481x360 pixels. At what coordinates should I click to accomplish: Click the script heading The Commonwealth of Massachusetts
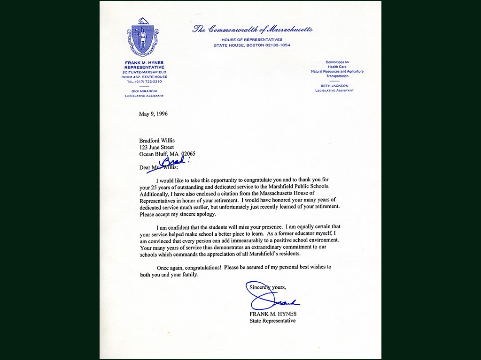tap(252, 30)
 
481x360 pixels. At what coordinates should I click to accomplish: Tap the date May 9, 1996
tap(153, 114)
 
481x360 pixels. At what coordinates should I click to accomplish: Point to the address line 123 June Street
tap(156, 147)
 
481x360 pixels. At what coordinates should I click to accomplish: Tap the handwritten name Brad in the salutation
tap(173, 162)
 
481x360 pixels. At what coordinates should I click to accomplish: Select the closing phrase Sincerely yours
tap(267, 287)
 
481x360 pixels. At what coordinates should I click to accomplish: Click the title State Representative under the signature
tap(272, 321)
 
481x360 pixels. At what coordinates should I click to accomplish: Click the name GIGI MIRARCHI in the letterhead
tap(144, 91)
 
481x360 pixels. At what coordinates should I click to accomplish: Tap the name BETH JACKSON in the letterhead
tap(334, 86)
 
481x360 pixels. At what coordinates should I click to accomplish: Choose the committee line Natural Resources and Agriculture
tap(337, 71)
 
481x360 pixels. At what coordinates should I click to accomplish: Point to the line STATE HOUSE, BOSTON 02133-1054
tap(252, 45)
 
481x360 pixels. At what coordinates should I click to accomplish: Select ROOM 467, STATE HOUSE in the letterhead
tap(144, 77)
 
